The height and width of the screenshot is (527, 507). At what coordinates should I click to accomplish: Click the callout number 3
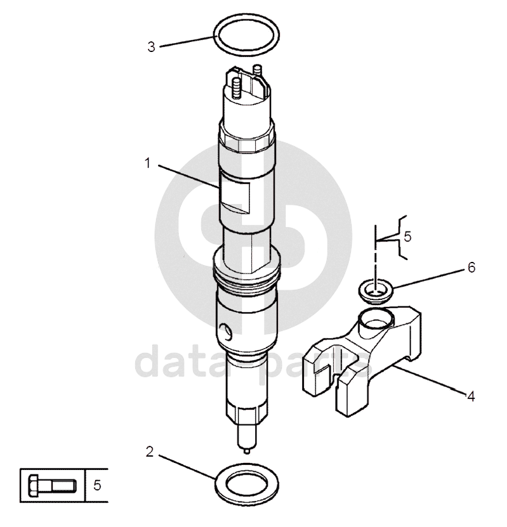click(152, 47)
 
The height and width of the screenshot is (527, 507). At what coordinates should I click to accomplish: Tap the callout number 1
click(147, 164)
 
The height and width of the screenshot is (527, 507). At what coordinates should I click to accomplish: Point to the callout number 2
click(150, 452)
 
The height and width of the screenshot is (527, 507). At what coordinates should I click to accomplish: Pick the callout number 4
click(471, 396)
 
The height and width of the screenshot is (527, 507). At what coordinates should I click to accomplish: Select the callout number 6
click(471, 268)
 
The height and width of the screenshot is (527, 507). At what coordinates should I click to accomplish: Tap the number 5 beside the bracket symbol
click(407, 237)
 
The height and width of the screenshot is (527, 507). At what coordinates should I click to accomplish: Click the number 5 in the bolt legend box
click(97, 485)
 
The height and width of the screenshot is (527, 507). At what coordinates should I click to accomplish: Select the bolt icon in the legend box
click(52, 485)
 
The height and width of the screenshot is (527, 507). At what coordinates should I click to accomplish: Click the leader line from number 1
click(189, 176)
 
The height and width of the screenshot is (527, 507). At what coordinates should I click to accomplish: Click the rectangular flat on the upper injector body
click(235, 196)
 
